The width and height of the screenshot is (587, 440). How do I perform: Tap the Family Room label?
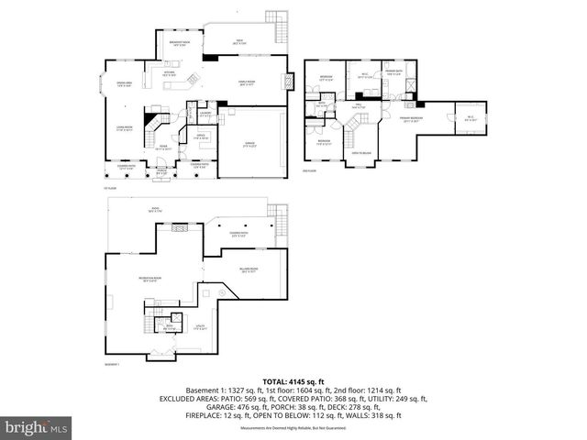click(246, 82)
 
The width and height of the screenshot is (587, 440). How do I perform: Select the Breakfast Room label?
click(180, 44)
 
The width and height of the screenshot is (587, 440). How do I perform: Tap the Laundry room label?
click(205, 114)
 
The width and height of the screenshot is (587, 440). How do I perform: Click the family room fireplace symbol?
click(211, 58)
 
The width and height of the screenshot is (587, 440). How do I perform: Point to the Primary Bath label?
click(394, 73)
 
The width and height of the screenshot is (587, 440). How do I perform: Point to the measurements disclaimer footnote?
click(293, 428)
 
